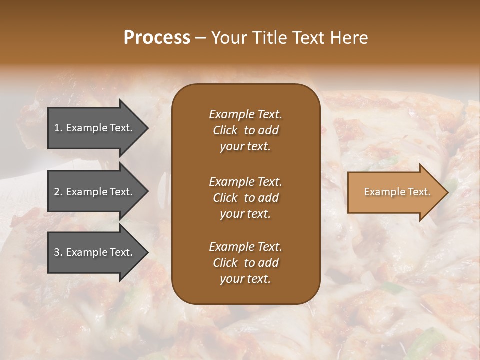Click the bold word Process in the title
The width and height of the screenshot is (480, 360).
tap(157, 38)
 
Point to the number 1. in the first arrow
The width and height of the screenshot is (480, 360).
tap(58, 128)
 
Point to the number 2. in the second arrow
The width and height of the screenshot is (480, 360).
tap(58, 192)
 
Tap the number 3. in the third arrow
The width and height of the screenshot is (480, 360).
tap(58, 252)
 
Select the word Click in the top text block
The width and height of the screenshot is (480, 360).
tap(225, 130)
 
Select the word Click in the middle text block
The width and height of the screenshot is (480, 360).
tap(225, 198)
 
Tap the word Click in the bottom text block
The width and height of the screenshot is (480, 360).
tap(225, 263)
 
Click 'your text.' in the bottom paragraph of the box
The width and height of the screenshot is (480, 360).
tap(245, 279)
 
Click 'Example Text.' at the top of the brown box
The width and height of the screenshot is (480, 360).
tap(245, 114)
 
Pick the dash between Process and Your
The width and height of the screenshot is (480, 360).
tap(200, 38)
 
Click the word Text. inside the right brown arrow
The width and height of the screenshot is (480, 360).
tap(418, 192)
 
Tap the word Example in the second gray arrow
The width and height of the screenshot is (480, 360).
tap(87, 192)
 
